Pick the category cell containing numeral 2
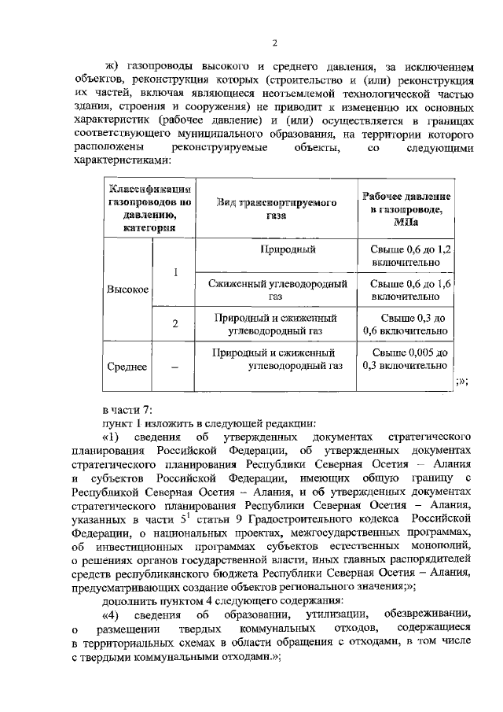(x=175, y=323)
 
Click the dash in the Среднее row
(x=174, y=367)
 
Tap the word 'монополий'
(x=439, y=544)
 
